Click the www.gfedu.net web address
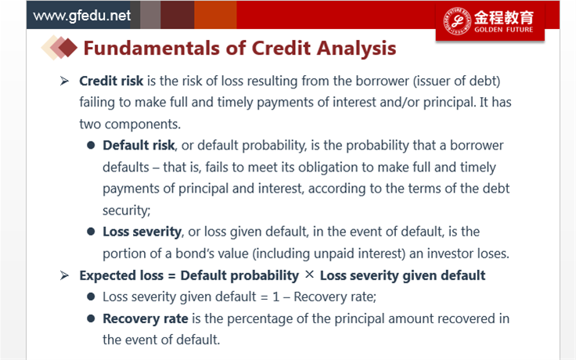coord(81,16)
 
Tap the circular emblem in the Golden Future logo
coord(456,21)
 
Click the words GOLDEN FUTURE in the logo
coord(503,30)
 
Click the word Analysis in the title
coord(356,49)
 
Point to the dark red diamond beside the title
coord(68,48)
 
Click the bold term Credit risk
coord(111,81)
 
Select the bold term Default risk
coord(139,146)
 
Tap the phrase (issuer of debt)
coord(456,81)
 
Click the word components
coord(142,124)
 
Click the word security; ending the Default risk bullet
coord(126,211)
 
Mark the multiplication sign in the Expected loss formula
coord(309,274)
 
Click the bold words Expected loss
coord(121,275)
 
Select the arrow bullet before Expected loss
coord(64,275)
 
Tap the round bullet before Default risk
coord(91,146)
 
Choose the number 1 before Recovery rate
coord(276,297)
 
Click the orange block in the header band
coord(215,15)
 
